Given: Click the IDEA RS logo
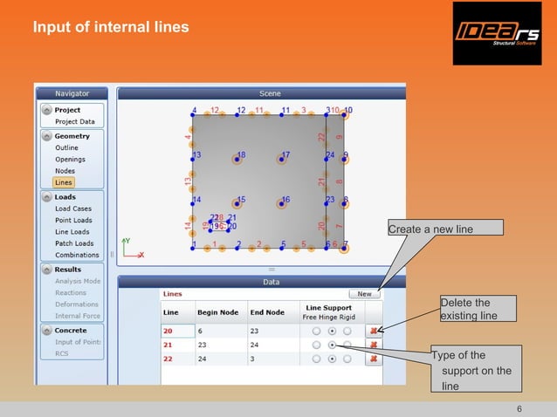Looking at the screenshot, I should [x=496, y=33].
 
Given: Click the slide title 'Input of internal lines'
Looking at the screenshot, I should [x=111, y=27].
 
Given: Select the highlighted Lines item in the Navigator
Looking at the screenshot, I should [x=63, y=182].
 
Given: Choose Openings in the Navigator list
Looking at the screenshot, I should [x=71, y=160].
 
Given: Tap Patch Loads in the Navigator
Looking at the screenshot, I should [x=73, y=243].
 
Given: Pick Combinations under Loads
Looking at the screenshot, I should [x=77, y=255].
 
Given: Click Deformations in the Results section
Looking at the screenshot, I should [x=77, y=304].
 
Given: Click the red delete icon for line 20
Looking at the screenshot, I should [x=374, y=332].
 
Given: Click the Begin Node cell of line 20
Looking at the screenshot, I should [x=218, y=332].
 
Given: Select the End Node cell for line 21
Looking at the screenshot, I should [x=267, y=345].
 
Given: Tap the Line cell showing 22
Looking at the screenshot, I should [x=177, y=359].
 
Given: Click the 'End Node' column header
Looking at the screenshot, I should [x=268, y=312].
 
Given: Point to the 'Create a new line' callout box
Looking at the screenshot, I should [x=444, y=229].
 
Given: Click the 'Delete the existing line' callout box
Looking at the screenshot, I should [x=477, y=309].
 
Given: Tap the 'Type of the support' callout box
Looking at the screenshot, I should [x=476, y=371].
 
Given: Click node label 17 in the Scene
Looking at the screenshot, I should [x=285, y=155].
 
